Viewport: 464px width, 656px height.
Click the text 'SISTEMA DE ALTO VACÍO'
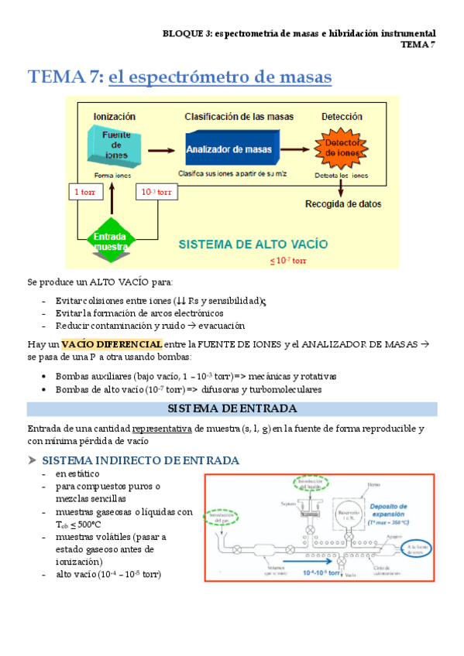click(253, 243)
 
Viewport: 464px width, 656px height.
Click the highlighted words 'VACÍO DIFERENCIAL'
click(112, 343)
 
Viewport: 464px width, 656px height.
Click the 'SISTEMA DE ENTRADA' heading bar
click(232, 408)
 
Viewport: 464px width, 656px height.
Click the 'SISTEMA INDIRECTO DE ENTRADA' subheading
click(140, 460)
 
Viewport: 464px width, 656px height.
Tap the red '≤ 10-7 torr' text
click(288, 261)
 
